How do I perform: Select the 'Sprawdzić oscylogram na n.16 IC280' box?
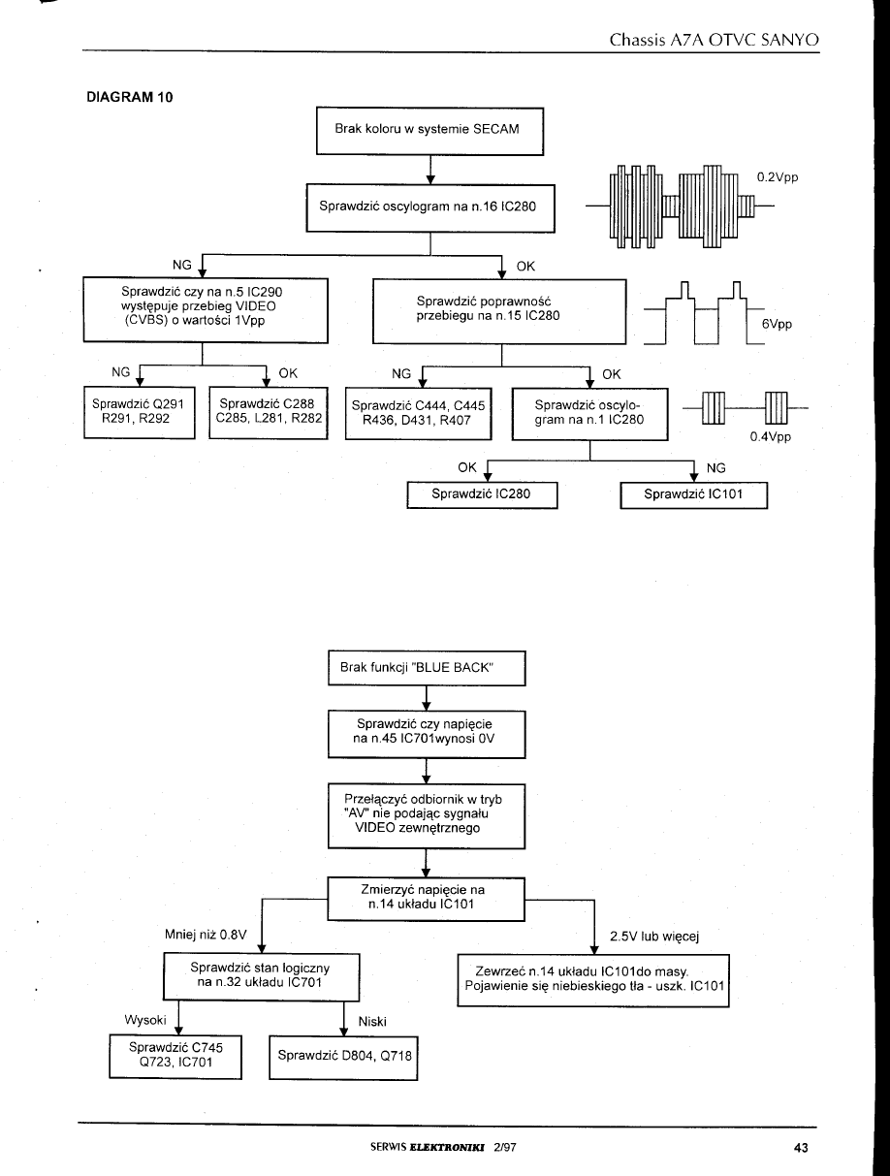(429, 207)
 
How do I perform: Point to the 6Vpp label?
(777, 325)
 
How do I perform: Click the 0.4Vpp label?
(771, 436)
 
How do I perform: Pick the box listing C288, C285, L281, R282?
(268, 413)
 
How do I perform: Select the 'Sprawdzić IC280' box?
(482, 494)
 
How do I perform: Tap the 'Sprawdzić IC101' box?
(693, 494)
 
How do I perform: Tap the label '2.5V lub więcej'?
(654, 936)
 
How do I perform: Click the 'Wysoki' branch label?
(147, 1019)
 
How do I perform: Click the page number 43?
(800, 1148)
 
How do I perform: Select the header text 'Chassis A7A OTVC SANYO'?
(715, 40)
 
